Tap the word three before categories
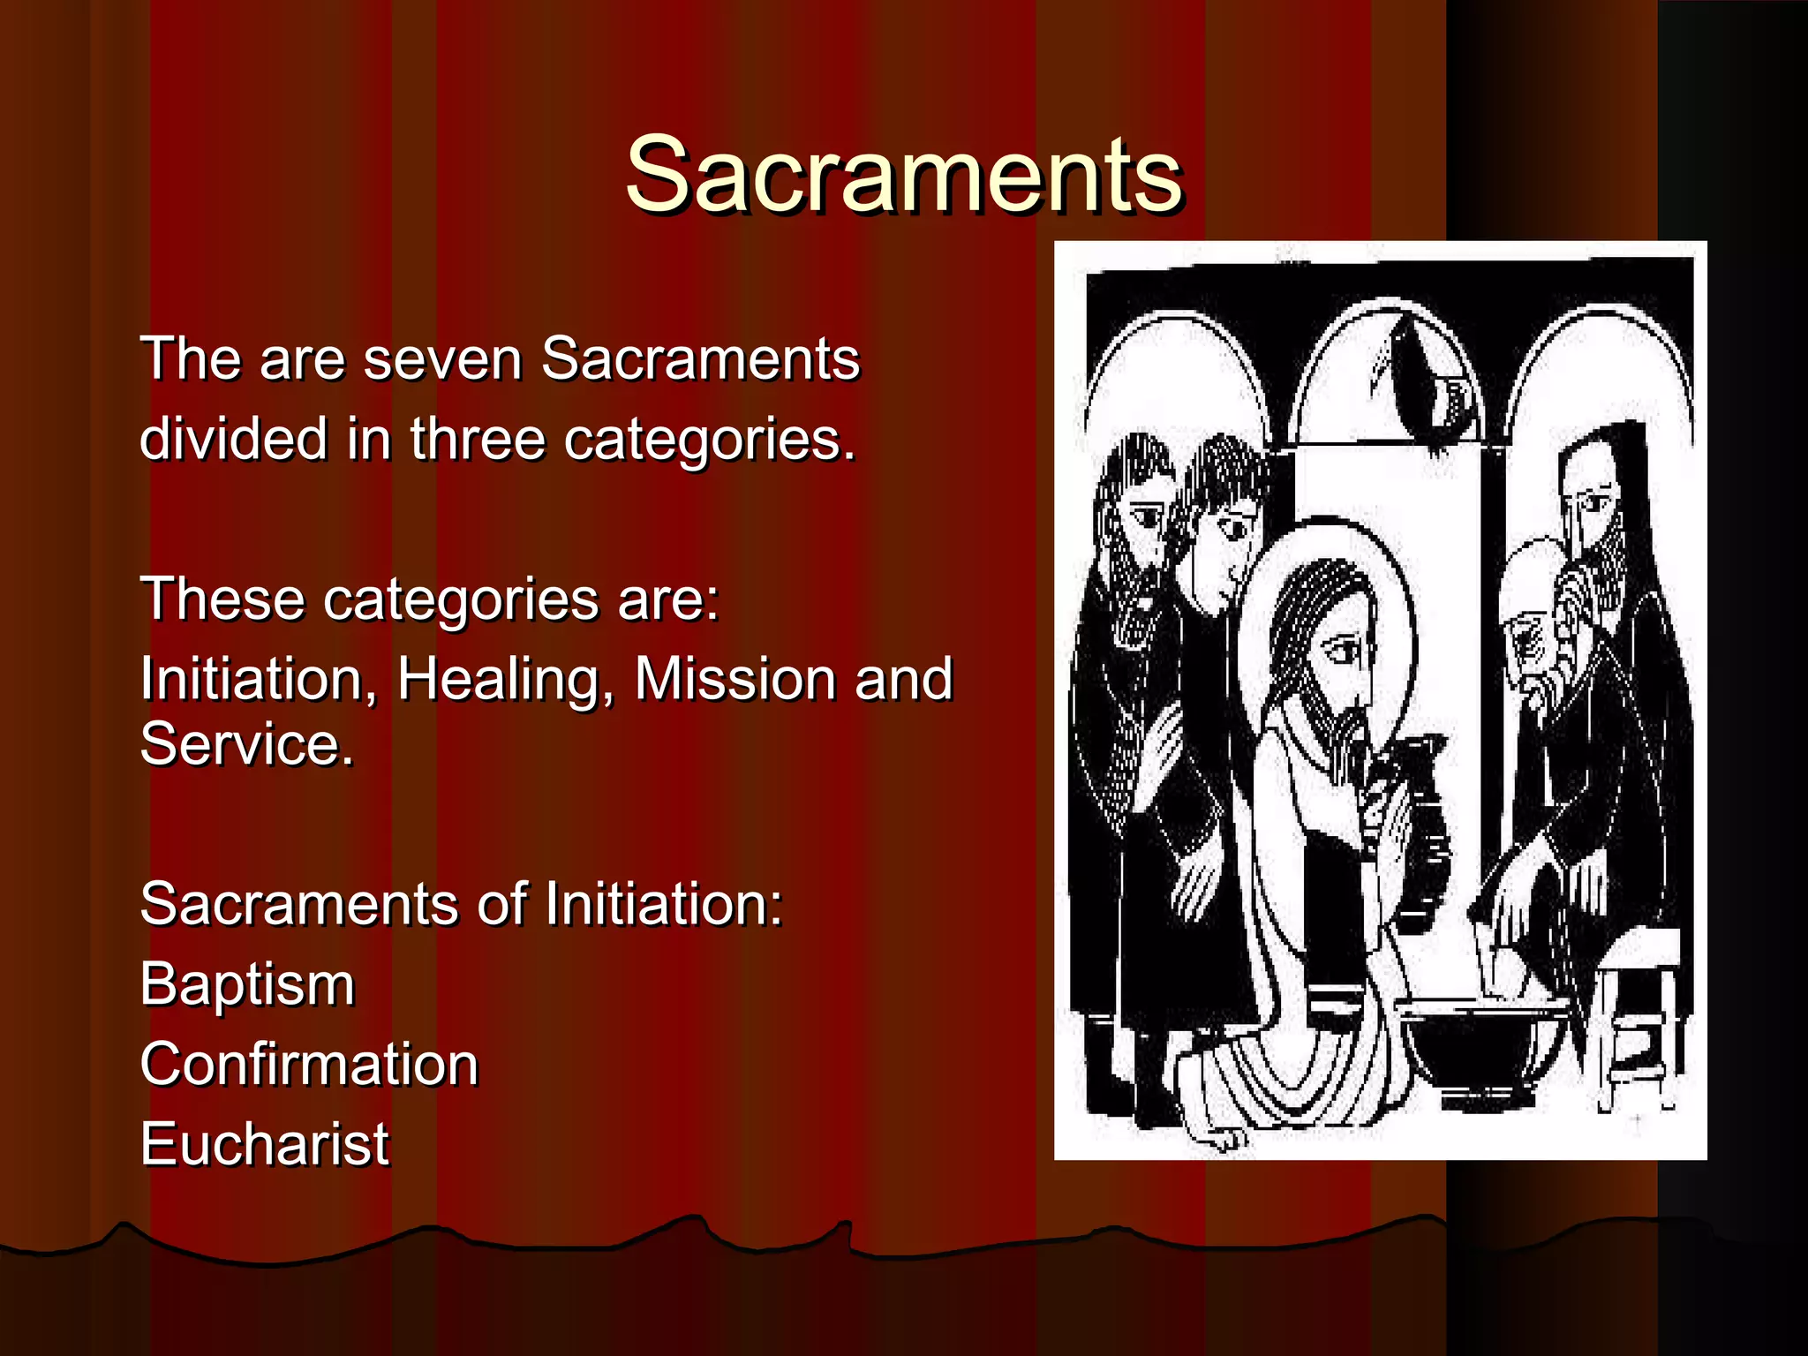pyautogui.click(x=477, y=439)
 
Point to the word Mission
pyautogui.click(x=734, y=679)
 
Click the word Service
pyautogui.click(x=246, y=744)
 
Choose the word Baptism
pyautogui.click(x=247, y=984)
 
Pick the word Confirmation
pyautogui.click(x=309, y=1064)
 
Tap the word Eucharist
pyautogui.click(x=264, y=1144)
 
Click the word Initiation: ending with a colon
pyautogui.click(x=663, y=904)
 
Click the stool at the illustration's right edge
pyautogui.click(x=1642, y=1015)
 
